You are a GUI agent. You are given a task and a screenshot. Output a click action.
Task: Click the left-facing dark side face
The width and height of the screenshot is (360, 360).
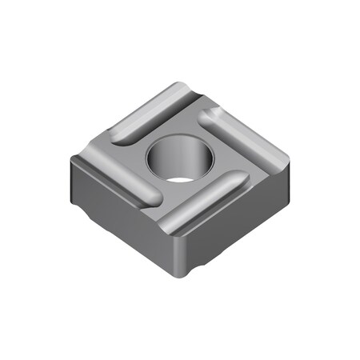pyautogui.click(x=120, y=212)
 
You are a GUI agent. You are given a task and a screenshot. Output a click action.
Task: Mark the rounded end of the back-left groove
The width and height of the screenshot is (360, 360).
pyautogui.click(x=120, y=136)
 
